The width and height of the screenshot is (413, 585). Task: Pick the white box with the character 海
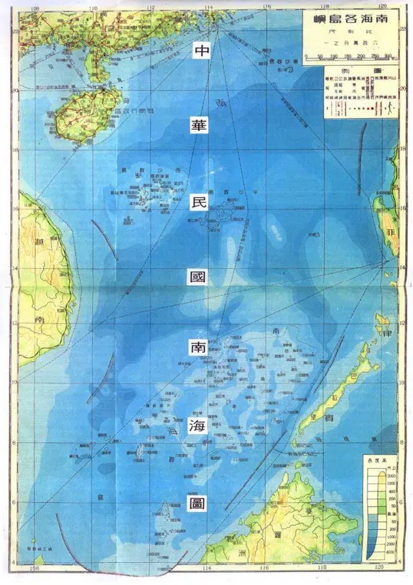pyautogui.click(x=196, y=426)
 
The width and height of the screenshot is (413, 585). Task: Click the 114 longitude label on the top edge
pyautogui.click(x=209, y=8)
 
